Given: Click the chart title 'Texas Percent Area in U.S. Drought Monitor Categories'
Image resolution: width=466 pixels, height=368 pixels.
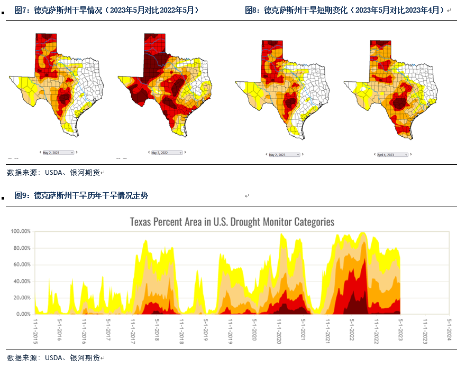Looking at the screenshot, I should click(x=232, y=221).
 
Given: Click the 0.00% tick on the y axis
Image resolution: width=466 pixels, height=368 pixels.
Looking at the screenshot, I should click(x=23, y=314).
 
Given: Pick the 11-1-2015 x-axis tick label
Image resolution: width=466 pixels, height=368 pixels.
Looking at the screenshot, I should click(x=36, y=331).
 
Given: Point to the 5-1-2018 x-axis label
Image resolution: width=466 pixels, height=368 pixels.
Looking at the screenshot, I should click(x=157, y=331).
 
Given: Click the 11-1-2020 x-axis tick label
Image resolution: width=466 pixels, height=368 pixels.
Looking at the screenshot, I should click(x=279, y=331).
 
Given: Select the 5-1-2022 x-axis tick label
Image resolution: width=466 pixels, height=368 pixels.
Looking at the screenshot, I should click(x=352, y=331).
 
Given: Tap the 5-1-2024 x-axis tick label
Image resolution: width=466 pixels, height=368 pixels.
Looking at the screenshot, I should click(x=449, y=331).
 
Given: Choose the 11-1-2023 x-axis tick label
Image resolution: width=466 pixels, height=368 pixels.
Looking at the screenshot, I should click(x=425, y=331).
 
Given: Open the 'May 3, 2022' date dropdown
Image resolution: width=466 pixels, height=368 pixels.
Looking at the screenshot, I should click(x=166, y=153).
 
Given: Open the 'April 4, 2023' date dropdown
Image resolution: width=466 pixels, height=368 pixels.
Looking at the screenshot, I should click(x=392, y=155).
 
